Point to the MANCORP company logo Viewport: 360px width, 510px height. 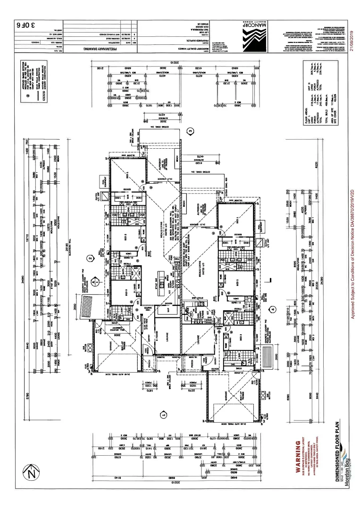pyautogui.click(x=253, y=34)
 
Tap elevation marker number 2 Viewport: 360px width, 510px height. pyautogui.click(x=89, y=258)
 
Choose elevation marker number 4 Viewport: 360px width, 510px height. pyautogui.click(x=272, y=310)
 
